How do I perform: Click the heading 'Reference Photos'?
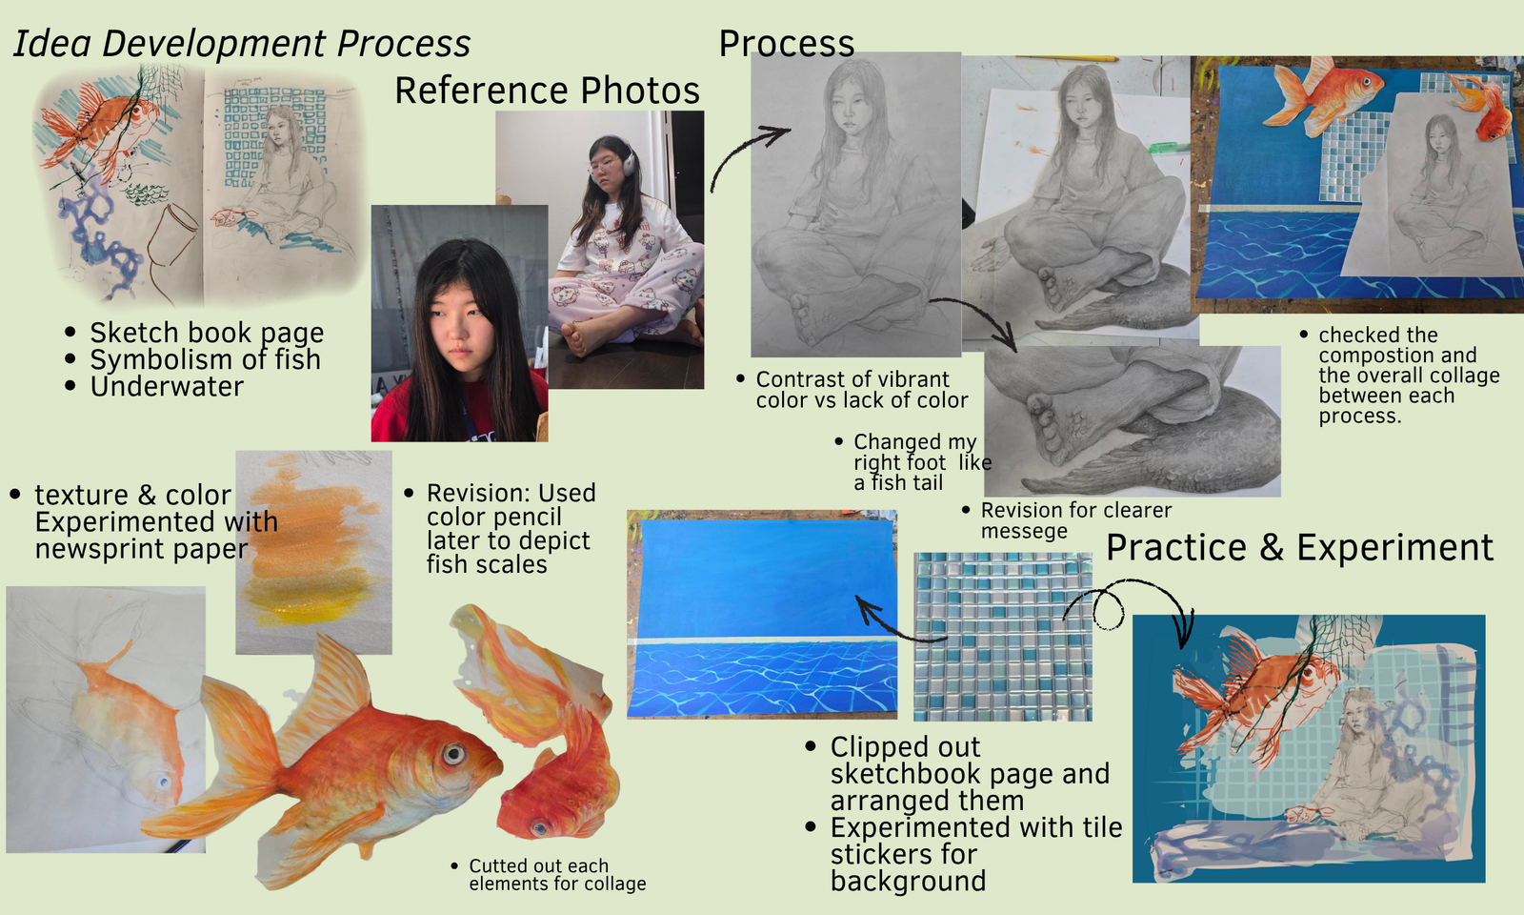547,91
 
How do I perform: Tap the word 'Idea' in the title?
51,44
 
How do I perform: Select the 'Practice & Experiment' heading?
1299,548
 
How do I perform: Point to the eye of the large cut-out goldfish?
453,754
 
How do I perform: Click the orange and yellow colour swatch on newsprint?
313,552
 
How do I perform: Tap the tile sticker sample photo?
1003,637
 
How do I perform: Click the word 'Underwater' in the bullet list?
167,387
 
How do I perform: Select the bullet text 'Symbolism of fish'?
206,359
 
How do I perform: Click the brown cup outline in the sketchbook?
170,238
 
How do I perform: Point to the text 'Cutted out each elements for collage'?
557,875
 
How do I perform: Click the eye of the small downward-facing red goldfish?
539,828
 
